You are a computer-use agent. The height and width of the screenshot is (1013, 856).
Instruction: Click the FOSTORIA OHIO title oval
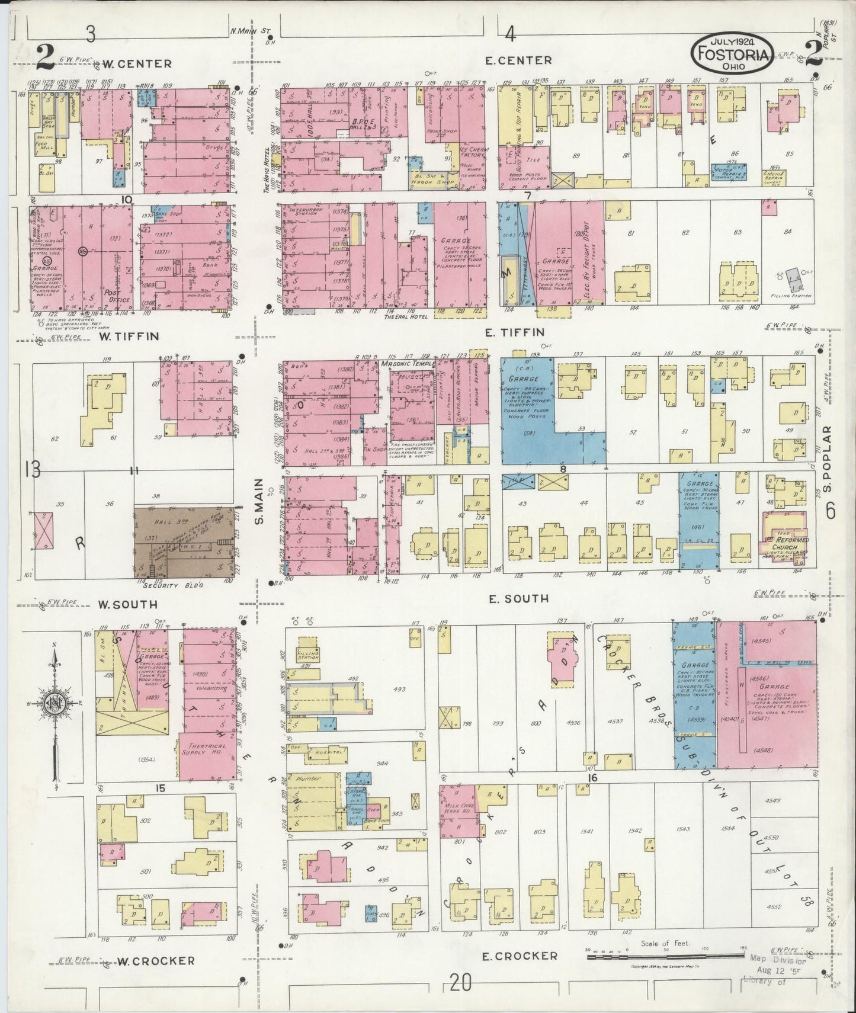coord(732,52)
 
